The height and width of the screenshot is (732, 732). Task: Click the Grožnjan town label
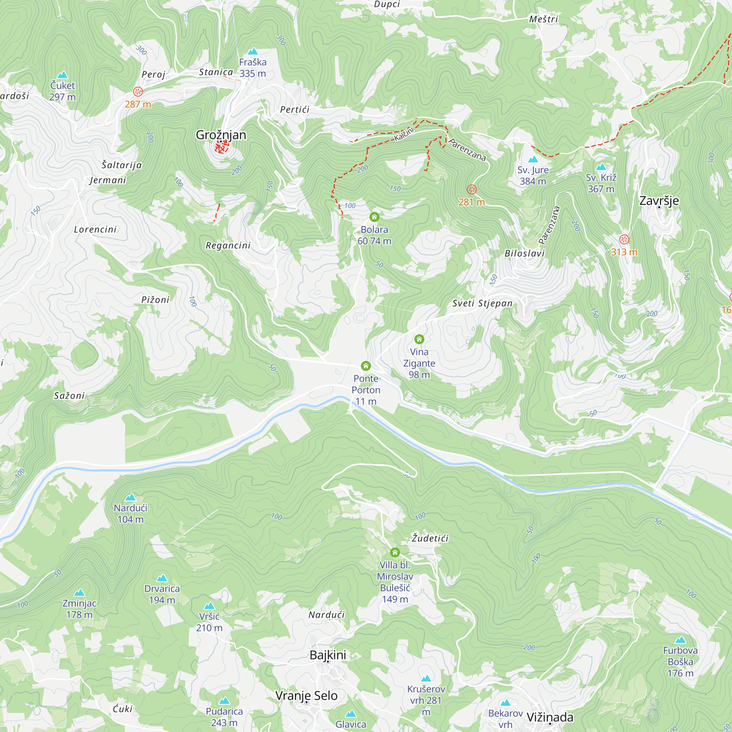[x=221, y=135]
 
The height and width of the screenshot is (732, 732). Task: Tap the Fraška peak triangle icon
[x=253, y=52]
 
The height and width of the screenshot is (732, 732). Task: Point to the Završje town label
[x=659, y=201]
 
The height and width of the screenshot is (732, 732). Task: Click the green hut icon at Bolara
[x=374, y=217]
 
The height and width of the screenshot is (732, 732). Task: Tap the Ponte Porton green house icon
[x=366, y=366]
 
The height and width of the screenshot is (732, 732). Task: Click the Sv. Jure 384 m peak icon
[x=533, y=159]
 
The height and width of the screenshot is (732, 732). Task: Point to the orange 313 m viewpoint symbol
[x=624, y=239]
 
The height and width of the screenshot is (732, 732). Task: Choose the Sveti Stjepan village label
[x=482, y=303]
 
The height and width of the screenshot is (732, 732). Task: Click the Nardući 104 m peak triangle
[x=130, y=497]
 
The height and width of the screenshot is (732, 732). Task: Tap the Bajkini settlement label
[x=328, y=655]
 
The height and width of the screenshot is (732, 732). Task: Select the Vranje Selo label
[x=306, y=696]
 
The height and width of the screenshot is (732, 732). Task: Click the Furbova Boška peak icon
[x=680, y=640]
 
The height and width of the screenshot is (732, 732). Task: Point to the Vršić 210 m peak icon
[x=209, y=606]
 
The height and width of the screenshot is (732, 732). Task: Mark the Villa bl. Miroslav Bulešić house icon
[x=395, y=552]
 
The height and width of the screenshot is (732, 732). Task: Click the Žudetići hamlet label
[x=430, y=538]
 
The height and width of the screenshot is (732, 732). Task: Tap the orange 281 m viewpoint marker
[x=471, y=190]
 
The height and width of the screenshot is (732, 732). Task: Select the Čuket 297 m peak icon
[x=63, y=75]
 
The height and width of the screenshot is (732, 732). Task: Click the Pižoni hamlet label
[x=155, y=300]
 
